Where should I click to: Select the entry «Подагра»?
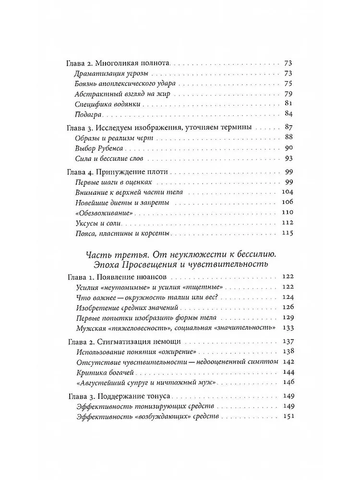pyautogui.click(x=87, y=114)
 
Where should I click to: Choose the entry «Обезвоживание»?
pyautogui.click(x=100, y=213)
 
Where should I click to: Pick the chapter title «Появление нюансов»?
pyautogui.click(x=128, y=277)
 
